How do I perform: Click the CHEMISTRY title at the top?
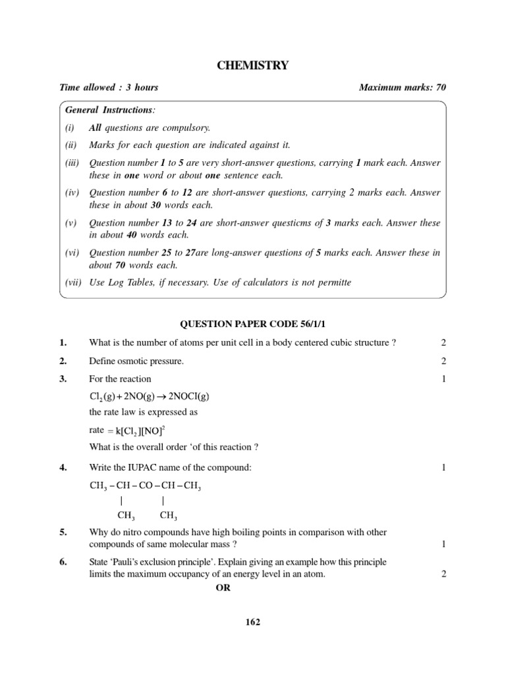click(x=253, y=65)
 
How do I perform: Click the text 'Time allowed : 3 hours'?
click(x=109, y=88)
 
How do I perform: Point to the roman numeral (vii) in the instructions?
click(x=72, y=282)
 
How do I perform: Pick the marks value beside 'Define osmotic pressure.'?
click(x=443, y=361)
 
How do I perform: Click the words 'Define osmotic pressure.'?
click(x=136, y=361)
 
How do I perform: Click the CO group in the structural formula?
click(x=146, y=486)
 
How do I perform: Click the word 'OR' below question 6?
click(x=223, y=588)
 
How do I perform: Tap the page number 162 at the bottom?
click(x=253, y=623)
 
